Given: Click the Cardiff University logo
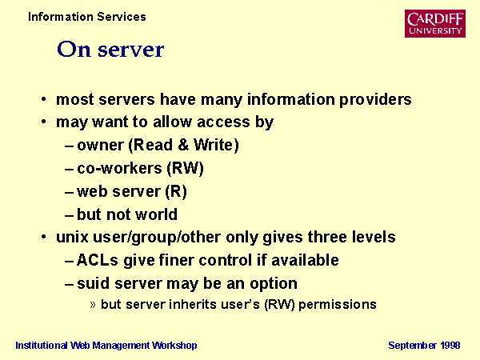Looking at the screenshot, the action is (435, 23).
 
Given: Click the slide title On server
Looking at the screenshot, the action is (110, 50).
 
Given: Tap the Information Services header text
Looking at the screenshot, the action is (87, 17).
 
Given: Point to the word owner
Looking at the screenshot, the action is (100, 146).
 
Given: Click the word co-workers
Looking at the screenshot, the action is (119, 168).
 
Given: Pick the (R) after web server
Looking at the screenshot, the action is (176, 192).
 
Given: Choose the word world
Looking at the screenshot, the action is (157, 214).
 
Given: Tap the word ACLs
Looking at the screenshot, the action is (98, 260).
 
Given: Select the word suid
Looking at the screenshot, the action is (93, 283).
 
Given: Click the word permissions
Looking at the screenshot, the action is (338, 305).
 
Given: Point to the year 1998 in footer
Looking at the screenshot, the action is (450, 346).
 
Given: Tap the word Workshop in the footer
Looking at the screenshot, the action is (174, 346).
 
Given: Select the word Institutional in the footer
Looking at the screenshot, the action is (42, 346).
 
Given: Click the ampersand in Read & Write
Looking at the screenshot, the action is (183, 145).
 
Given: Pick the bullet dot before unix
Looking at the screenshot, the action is (44, 237).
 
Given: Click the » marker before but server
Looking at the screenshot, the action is (93, 305).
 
